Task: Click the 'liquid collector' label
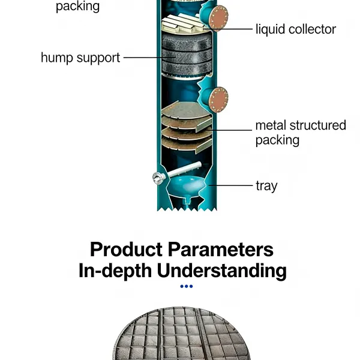[x=296, y=29]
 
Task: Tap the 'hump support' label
[x=80, y=58]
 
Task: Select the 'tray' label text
[x=266, y=185]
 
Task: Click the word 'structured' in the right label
[x=318, y=125]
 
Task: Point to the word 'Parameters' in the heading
[x=221, y=250]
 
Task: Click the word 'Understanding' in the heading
[x=221, y=271]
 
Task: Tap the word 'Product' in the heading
[x=126, y=250]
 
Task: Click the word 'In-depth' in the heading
[x=115, y=271]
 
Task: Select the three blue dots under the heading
[x=187, y=286]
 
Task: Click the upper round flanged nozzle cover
[x=218, y=18]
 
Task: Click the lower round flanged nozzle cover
[x=218, y=100]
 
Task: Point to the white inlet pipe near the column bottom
[x=184, y=169]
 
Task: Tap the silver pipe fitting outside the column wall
[x=158, y=178]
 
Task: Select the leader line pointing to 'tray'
[x=230, y=185]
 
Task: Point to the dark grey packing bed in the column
[x=187, y=55]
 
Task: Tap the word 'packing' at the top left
[x=77, y=7]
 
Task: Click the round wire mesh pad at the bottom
[x=181, y=334]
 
